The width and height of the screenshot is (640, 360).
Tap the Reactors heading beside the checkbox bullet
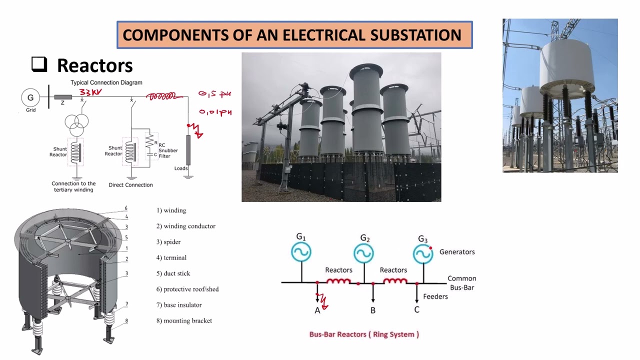point(94,65)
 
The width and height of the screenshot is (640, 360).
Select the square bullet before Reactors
point(39,64)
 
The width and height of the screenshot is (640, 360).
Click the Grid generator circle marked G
point(30,97)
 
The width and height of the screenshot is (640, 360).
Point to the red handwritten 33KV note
point(91,92)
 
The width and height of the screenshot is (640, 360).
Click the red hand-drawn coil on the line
point(160,96)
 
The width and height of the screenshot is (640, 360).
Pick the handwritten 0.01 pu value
point(215,112)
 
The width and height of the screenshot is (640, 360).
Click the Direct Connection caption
point(131,185)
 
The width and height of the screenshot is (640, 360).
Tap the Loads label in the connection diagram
point(181,168)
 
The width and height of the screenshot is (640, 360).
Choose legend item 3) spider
point(168,242)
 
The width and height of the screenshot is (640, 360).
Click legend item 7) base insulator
point(179,305)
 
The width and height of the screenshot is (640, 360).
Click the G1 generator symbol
point(301,252)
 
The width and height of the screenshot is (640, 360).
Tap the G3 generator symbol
point(423,254)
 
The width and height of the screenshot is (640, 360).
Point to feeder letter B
point(373,310)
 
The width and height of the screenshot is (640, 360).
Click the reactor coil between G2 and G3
point(395,282)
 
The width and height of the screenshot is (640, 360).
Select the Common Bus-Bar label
point(461,283)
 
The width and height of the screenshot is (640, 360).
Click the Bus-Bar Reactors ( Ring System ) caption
point(364,334)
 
